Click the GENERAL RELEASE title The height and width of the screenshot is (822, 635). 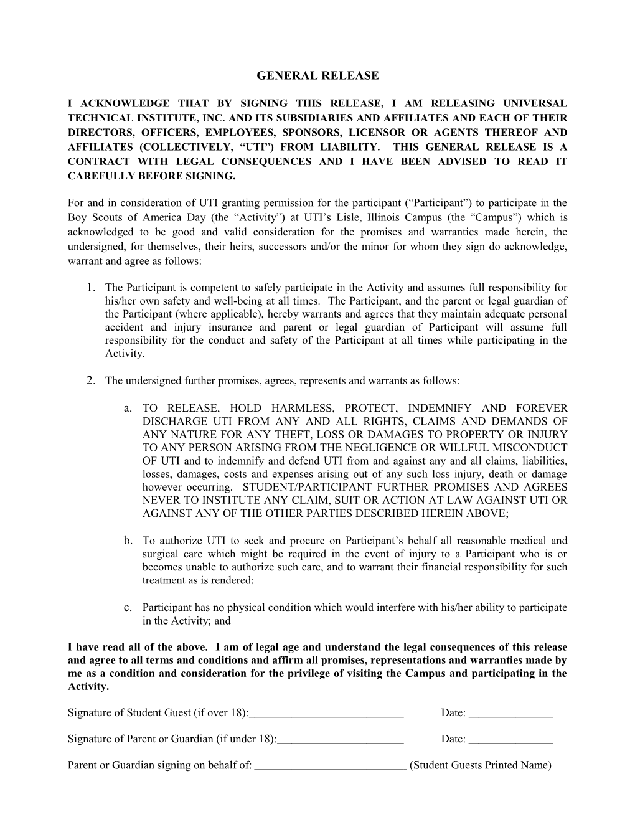pyautogui.click(x=317, y=76)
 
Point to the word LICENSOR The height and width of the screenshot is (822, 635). pyautogui.click(x=372, y=133)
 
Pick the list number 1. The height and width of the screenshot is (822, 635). pyautogui.click(x=92, y=287)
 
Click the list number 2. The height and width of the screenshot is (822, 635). pyautogui.click(x=92, y=380)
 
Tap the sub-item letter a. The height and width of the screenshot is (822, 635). pyautogui.click(x=128, y=409)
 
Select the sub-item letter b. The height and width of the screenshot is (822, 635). pyautogui.click(x=128, y=540)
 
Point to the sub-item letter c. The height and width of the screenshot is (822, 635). pyautogui.click(x=128, y=607)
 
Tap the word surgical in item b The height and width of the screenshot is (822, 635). pyautogui.click(x=161, y=554)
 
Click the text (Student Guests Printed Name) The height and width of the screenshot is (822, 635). pyautogui.click(x=481, y=765)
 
